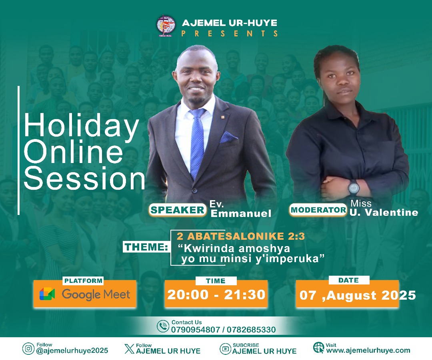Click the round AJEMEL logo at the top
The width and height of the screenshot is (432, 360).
click(166, 26)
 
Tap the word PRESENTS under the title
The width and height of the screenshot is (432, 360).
click(230, 34)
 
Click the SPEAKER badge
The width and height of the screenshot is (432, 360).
click(178, 210)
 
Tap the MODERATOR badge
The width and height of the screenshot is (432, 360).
click(318, 210)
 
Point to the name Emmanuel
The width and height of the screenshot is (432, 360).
click(241, 214)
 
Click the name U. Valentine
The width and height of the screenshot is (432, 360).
click(384, 213)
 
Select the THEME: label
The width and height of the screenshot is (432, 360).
click(146, 247)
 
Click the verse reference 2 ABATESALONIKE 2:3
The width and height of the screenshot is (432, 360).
click(240, 236)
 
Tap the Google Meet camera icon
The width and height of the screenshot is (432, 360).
click(47, 294)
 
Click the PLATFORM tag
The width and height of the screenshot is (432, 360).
click(83, 281)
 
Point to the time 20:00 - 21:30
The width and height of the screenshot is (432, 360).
click(216, 294)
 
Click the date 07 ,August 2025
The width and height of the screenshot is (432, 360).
click(358, 295)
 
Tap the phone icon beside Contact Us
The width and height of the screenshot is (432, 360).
click(163, 326)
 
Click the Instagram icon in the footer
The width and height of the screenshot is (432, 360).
click(28, 349)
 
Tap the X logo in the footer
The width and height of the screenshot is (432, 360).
click(129, 349)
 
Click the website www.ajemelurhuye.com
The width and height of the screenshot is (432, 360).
click(368, 351)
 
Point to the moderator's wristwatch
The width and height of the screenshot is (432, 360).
click(354, 188)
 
